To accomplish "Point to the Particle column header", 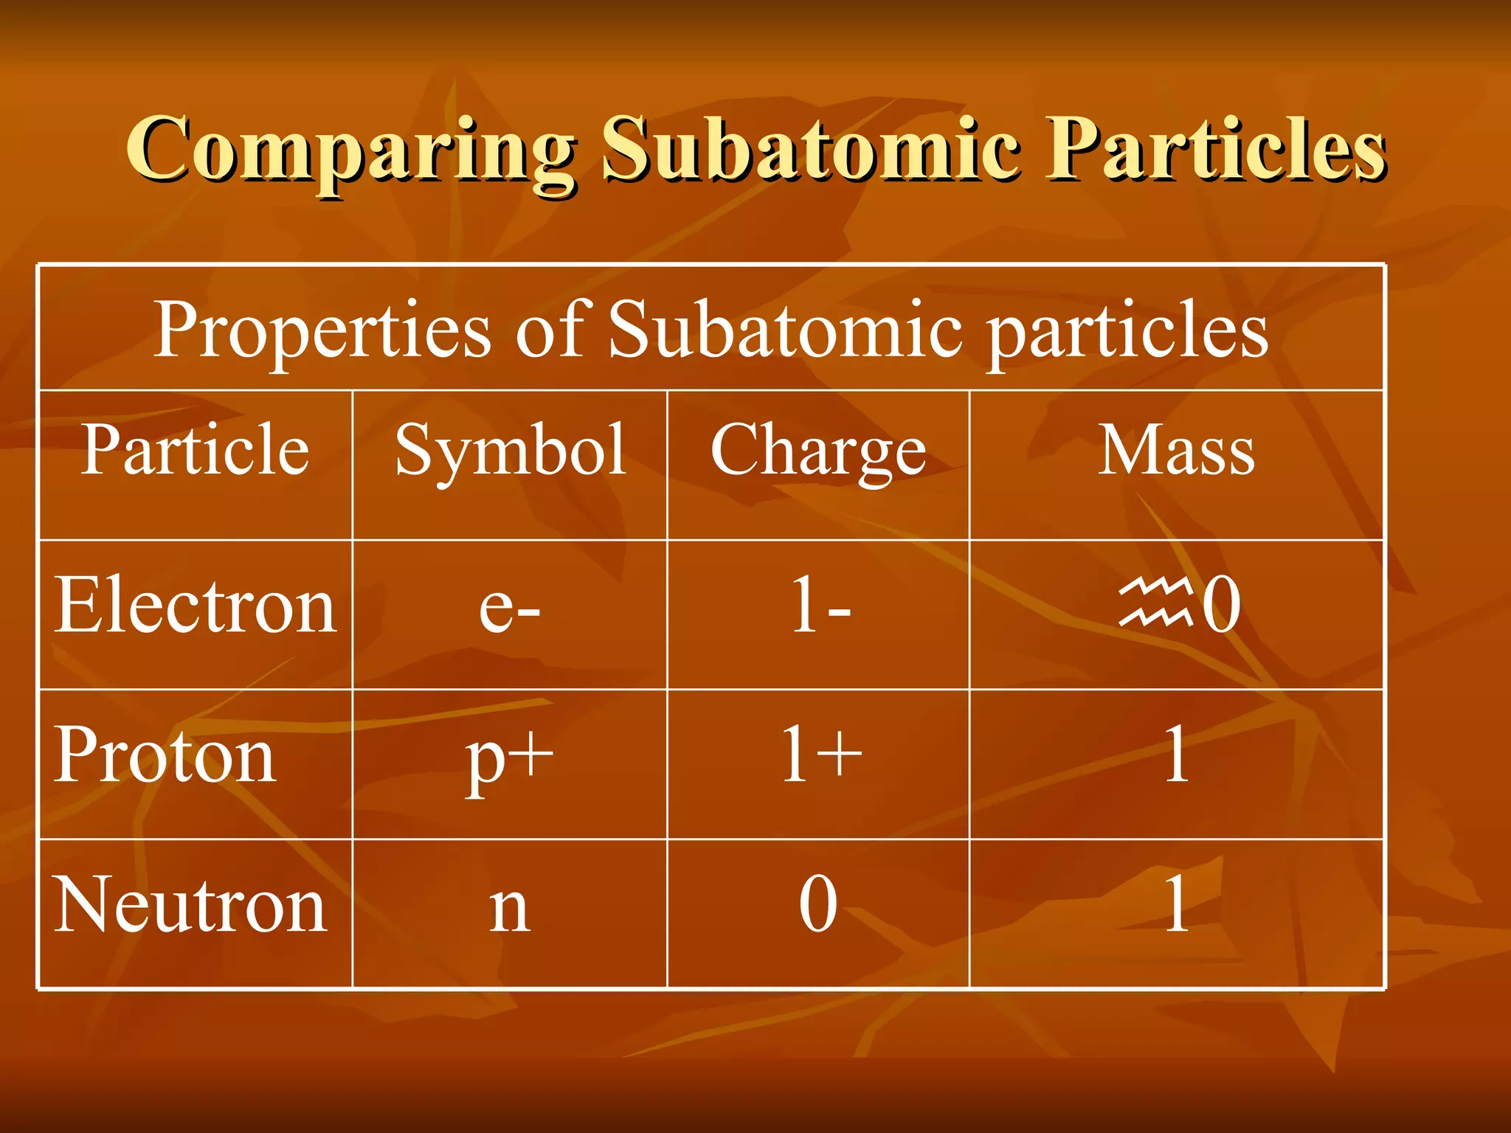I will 195,449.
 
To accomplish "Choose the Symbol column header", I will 511,451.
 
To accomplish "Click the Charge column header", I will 818,451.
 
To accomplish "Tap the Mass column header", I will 1176,449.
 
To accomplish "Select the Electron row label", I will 196,606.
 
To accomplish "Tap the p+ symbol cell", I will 510,758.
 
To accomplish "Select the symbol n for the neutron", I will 510,907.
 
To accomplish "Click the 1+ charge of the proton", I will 820,754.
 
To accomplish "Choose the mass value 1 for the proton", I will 1176,754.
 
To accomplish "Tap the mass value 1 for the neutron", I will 1176,904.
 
